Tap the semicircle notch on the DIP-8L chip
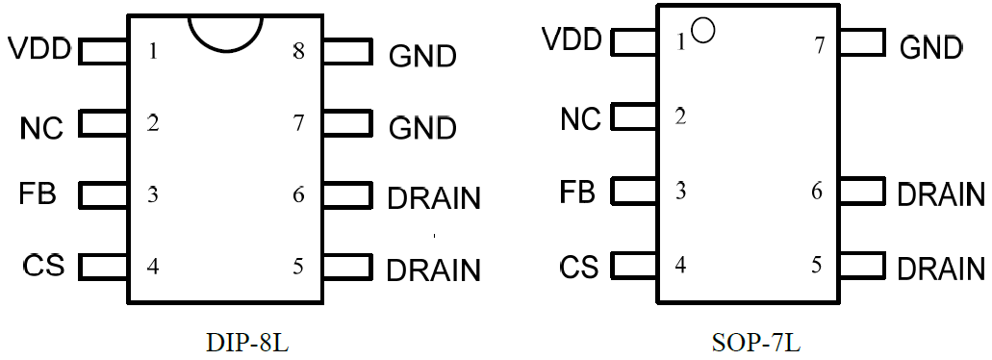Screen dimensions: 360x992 pyautogui.click(x=226, y=31)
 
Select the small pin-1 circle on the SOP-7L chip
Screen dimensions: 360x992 pyautogui.click(x=702, y=32)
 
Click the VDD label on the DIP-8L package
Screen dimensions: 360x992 pyautogui.click(x=39, y=48)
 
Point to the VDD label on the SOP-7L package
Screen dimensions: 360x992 pyautogui.click(x=572, y=40)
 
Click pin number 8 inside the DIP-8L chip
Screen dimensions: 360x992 pyautogui.click(x=299, y=51)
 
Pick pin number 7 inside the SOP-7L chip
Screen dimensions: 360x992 pyautogui.click(x=820, y=44)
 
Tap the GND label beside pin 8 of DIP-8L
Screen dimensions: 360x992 pyautogui.click(x=422, y=57)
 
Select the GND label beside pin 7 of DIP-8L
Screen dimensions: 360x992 pyautogui.click(x=422, y=128)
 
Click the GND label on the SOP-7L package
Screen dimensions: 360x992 pyautogui.click(x=930, y=47)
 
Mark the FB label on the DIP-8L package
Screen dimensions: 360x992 pyautogui.click(x=38, y=193)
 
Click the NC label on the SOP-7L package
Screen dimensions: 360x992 pyautogui.click(x=580, y=118)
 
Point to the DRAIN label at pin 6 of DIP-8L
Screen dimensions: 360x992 pyautogui.click(x=433, y=199)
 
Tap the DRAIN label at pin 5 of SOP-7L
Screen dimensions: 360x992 pyautogui.click(x=940, y=269)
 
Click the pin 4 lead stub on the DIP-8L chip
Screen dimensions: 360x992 pyautogui.click(x=103, y=267)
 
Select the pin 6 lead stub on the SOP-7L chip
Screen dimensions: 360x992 pyautogui.click(x=861, y=191)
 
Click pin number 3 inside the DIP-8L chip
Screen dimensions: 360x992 pyautogui.click(x=153, y=195)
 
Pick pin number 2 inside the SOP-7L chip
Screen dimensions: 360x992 pyautogui.click(x=680, y=117)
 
